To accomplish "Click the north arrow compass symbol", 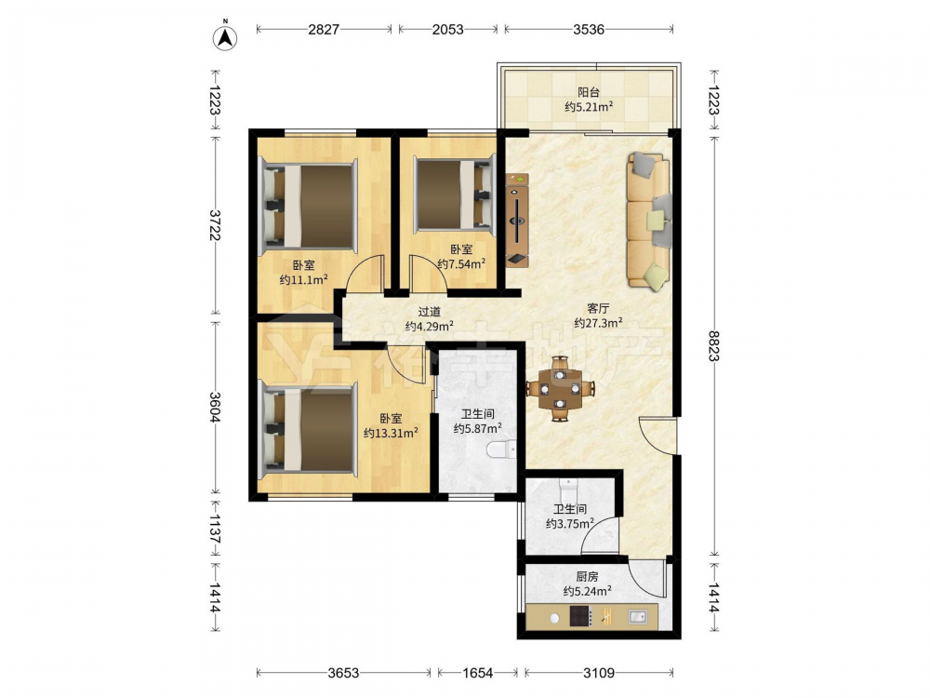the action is tap(225, 36).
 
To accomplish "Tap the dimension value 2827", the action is tap(324, 29).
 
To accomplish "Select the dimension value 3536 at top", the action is tap(589, 29).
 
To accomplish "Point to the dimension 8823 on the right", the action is tap(713, 345).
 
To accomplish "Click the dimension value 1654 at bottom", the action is tap(477, 673).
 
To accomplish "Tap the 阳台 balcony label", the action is tap(589, 92).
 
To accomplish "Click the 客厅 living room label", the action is tap(598, 308).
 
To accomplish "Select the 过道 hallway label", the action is tap(430, 311).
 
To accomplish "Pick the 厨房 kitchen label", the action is tap(587, 576).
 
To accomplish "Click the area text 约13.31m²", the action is tap(391, 433).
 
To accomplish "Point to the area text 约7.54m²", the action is tap(461, 263).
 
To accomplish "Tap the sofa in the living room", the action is tap(649, 221).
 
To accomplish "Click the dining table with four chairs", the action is tap(560, 389).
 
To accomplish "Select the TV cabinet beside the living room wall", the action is tap(516, 221).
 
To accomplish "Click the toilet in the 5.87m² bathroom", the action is tap(501, 450).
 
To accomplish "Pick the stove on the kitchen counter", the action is tap(580, 616).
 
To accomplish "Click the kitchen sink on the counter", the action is tap(637, 617).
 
